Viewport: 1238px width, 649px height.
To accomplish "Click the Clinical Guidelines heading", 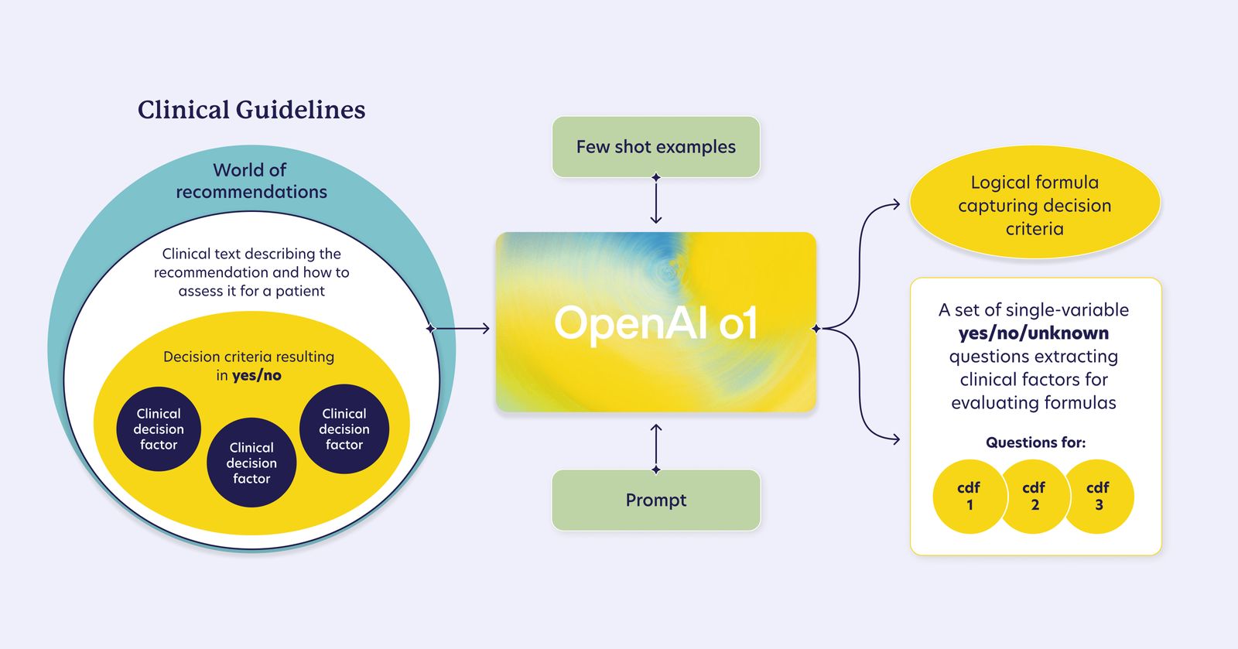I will click(251, 110).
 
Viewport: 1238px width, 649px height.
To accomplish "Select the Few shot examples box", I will click(656, 147).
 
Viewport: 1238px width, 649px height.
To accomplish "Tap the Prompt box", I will click(656, 500).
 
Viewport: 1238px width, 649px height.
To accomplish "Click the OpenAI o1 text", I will click(656, 323).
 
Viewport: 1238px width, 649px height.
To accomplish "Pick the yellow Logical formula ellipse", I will click(1035, 205).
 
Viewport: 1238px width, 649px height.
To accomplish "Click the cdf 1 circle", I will click(969, 497).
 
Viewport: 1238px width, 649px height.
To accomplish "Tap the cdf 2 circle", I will click(1035, 497).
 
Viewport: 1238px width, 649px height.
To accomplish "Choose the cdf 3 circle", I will click(1099, 497).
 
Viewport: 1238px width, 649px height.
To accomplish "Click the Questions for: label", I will click(1035, 442).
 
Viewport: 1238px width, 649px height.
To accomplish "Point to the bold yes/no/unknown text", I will click(1034, 333).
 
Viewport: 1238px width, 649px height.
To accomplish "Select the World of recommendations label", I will click(251, 181).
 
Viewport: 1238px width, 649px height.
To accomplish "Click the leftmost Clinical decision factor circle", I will click(159, 429).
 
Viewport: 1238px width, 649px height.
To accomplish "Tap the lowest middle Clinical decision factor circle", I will click(251, 463).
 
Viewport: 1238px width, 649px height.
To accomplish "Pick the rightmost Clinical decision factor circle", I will click(344, 429).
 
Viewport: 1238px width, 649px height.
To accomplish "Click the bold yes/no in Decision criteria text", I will click(257, 376).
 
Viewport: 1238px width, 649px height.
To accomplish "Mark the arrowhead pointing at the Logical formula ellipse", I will click(896, 204).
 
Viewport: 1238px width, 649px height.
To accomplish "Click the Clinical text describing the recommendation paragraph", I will click(251, 272).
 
